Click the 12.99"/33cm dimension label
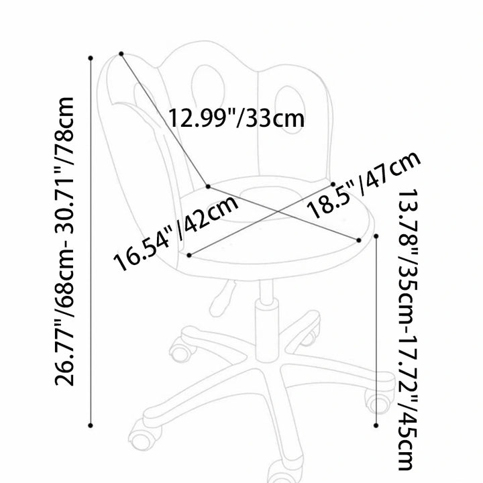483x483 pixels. [x=236, y=118]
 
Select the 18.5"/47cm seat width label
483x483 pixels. [x=364, y=184]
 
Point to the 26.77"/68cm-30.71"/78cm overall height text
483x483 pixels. [x=64, y=241]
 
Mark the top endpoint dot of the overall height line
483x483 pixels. [x=91, y=58]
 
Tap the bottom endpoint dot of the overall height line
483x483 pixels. [x=91, y=425]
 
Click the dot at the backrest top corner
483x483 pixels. [x=121, y=54]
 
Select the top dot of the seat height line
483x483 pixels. [x=376, y=236]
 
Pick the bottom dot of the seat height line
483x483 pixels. [x=376, y=425]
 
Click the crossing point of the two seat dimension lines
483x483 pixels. [x=278, y=211]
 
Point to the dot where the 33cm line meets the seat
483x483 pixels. [x=208, y=186]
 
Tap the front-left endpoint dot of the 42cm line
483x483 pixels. [x=189, y=255]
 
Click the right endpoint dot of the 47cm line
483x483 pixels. [x=358, y=240]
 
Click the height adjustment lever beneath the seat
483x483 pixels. [x=223, y=298]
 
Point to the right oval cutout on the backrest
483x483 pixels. [x=288, y=109]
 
